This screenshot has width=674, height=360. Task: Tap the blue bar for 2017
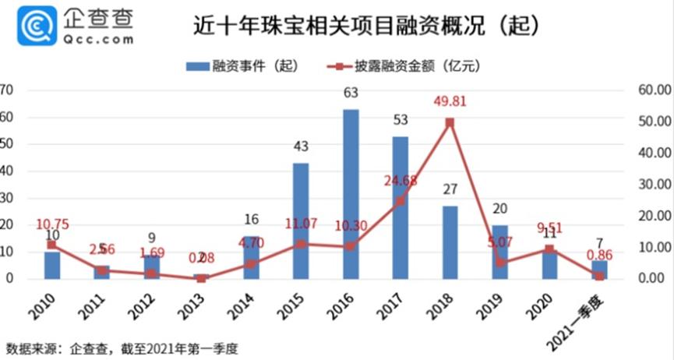click(x=400, y=207)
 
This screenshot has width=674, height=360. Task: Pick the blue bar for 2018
click(x=450, y=242)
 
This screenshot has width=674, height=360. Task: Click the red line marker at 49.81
click(x=450, y=122)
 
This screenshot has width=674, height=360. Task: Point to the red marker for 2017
click(x=400, y=201)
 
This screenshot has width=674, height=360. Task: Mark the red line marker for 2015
click(x=301, y=243)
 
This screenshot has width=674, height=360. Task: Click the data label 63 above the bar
click(x=351, y=94)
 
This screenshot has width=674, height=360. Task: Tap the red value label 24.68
click(x=401, y=181)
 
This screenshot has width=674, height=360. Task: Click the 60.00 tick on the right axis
click(x=653, y=90)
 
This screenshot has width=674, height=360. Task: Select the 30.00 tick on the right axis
click(x=653, y=184)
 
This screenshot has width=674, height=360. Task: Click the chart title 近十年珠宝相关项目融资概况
click(x=365, y=26)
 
